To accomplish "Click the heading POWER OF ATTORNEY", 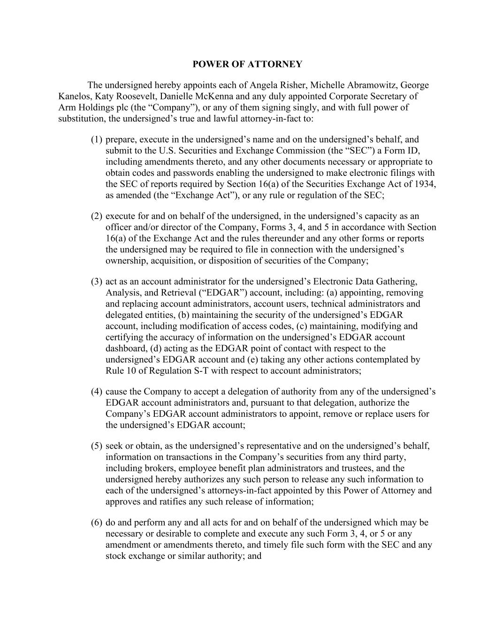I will [x=247, y=64].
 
